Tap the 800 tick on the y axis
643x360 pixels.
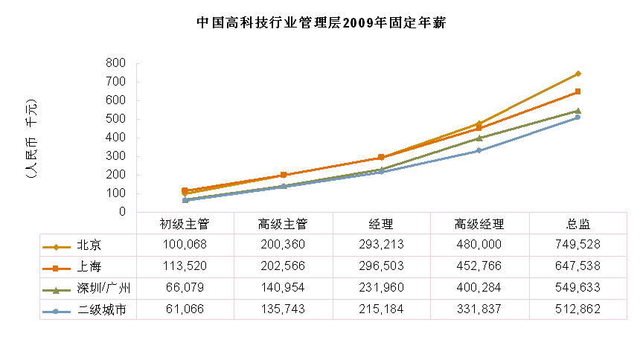(115, 63)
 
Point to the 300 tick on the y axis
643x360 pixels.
(115, 156)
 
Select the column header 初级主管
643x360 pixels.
(185, 224)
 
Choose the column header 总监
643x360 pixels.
(578, 224)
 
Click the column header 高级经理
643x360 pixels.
(479, 224)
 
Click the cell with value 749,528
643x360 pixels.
(578, 244)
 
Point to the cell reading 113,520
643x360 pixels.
(185, 266)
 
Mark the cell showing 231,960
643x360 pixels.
(381, 287)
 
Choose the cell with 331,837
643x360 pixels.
(479, 309)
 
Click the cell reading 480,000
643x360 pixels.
(479, 244)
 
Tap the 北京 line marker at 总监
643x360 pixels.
(578, 74)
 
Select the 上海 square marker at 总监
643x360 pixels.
(578, 91)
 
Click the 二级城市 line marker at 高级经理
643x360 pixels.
(479, 150)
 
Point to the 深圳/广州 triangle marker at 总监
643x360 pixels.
(578, 110)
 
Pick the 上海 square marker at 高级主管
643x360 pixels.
(283, 175)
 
